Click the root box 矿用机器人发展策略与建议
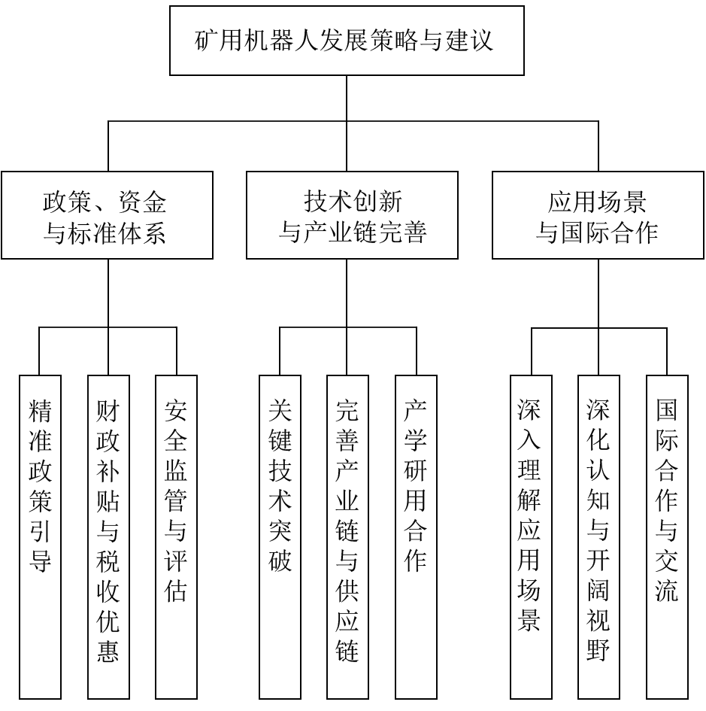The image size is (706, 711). (x=347, y=41)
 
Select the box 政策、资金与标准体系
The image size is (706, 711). (x=107, y=215)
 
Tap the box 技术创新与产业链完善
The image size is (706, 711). (x=352, y=215)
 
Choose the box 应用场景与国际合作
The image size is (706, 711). (x=598, y=215)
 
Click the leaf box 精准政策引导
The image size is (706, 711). (x=40, y=537)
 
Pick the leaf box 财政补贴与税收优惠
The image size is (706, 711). (x=108, y=537)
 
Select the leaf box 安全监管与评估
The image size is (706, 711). (x=176, y=537)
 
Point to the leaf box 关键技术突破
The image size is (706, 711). (x=280, y=537)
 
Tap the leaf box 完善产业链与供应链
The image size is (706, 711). (x=347, y=537)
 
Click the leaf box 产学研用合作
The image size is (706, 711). (x=416, y=537)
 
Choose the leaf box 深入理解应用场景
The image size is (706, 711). (x=531, y=537)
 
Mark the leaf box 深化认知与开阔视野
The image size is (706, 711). (x=598, y=537)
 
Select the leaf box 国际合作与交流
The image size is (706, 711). (x=667, y=537)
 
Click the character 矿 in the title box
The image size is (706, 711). (x=207, y=41)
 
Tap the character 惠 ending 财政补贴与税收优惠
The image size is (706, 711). (x=108, y=651)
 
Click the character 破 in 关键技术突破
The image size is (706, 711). (x=280, y=561)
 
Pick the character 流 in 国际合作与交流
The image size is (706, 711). (x=667, y=591)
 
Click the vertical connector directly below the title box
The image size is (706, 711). (x=347, y=99)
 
